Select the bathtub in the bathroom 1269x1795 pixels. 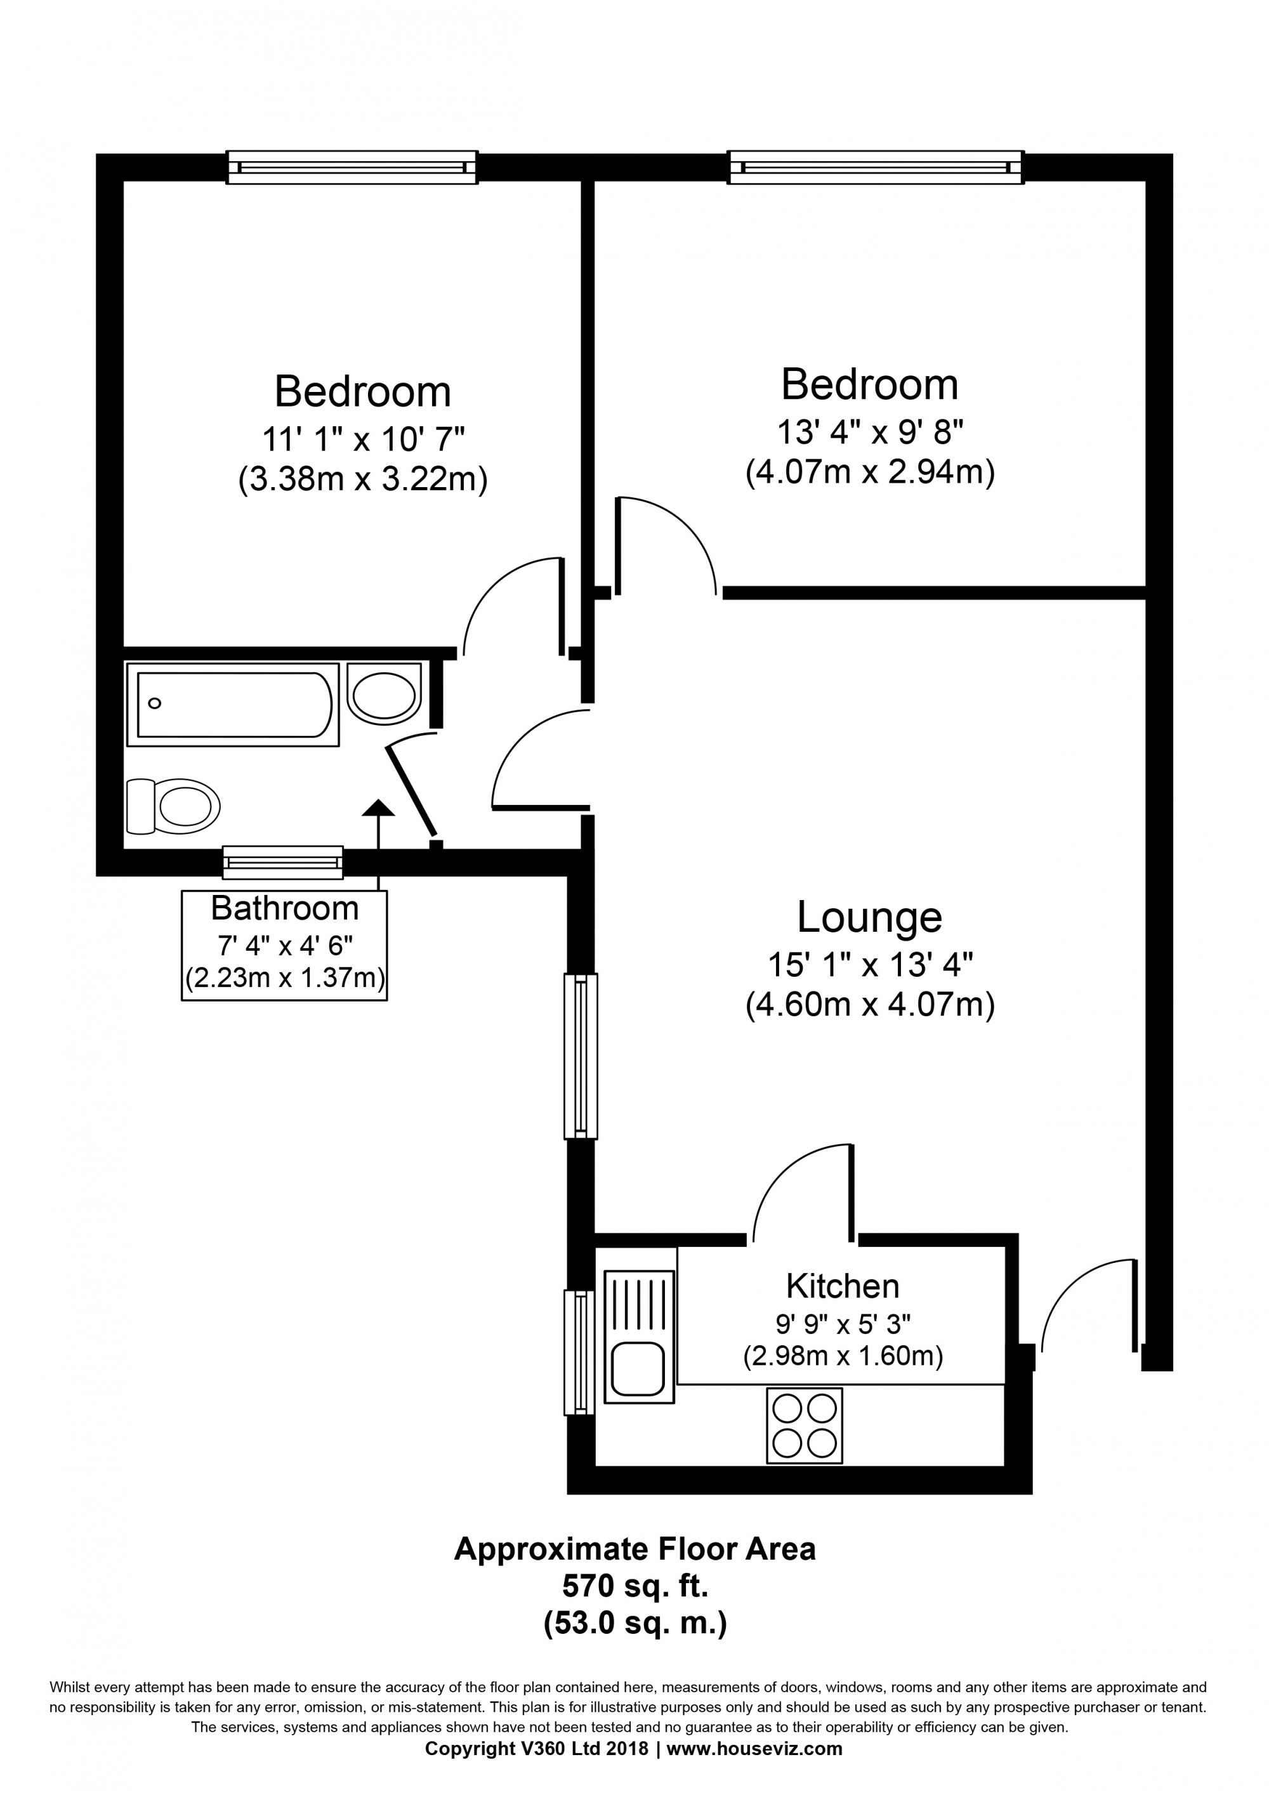[233, 705]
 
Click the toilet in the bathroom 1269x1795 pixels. [173, 806]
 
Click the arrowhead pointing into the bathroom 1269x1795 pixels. [379, 808]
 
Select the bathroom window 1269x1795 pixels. [283, 863]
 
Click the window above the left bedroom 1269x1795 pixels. [352, 167]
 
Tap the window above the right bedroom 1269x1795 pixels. [876, 167]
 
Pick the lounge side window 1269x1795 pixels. [581, 1055]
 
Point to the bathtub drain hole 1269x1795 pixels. [155, 703]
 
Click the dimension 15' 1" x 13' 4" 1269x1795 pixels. [869, 965]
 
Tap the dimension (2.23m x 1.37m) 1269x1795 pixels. [285, 978]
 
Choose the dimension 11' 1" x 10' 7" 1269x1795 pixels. [363, 440]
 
